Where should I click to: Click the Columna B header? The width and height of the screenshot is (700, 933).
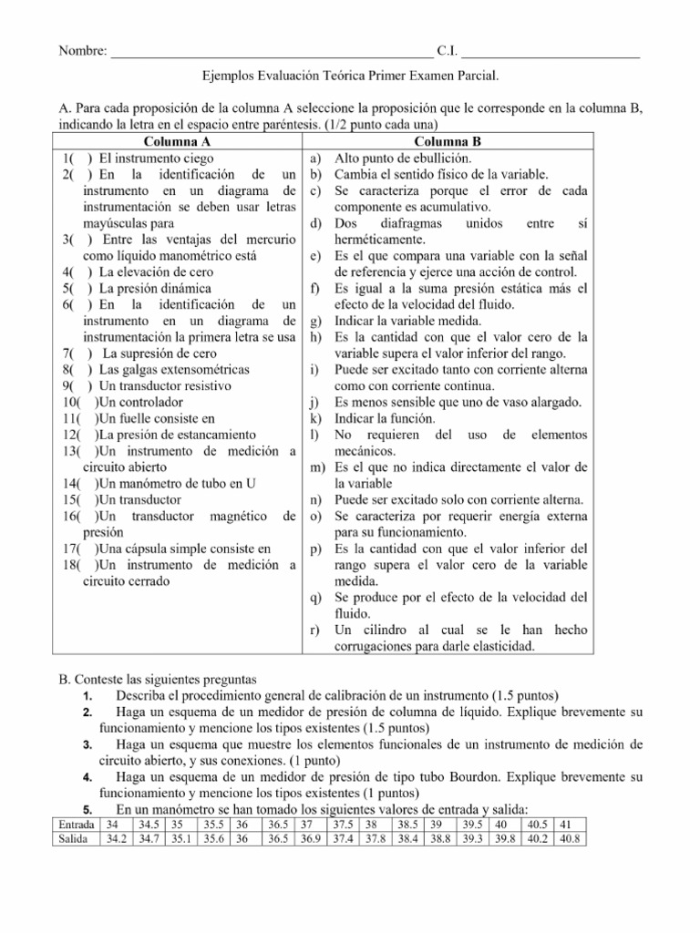448,141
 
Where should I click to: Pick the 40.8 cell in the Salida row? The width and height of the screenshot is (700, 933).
570,838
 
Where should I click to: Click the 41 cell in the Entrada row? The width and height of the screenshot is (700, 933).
564,825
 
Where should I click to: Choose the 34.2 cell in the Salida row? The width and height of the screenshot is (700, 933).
115,838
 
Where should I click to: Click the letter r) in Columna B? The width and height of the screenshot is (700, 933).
314,631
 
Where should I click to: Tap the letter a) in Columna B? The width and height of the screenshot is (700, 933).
314,158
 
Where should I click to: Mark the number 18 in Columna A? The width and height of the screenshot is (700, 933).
70,565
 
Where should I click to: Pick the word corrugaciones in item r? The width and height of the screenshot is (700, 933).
375,647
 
